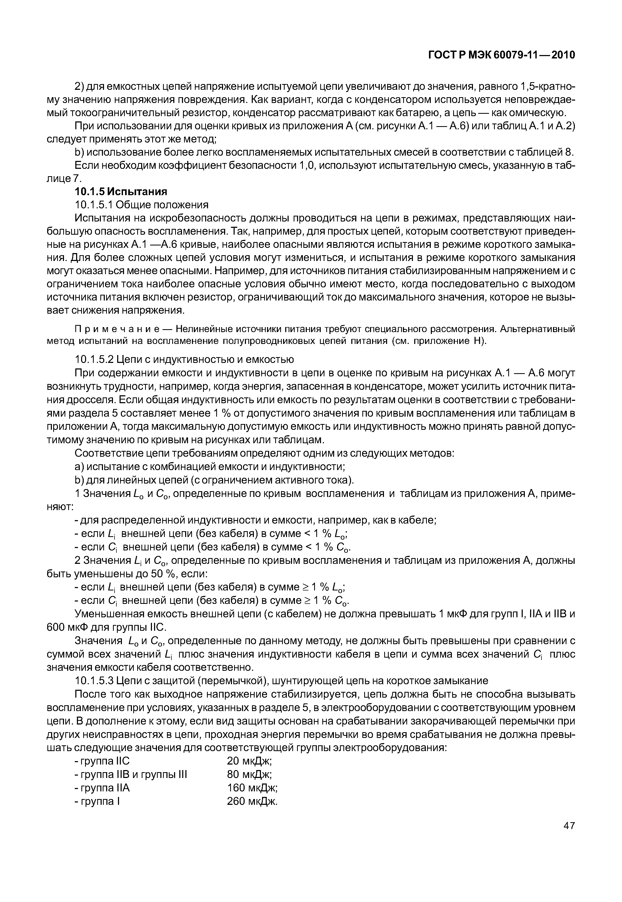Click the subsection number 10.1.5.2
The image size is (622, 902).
[93, 359]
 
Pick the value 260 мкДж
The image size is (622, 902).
[252, 801]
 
